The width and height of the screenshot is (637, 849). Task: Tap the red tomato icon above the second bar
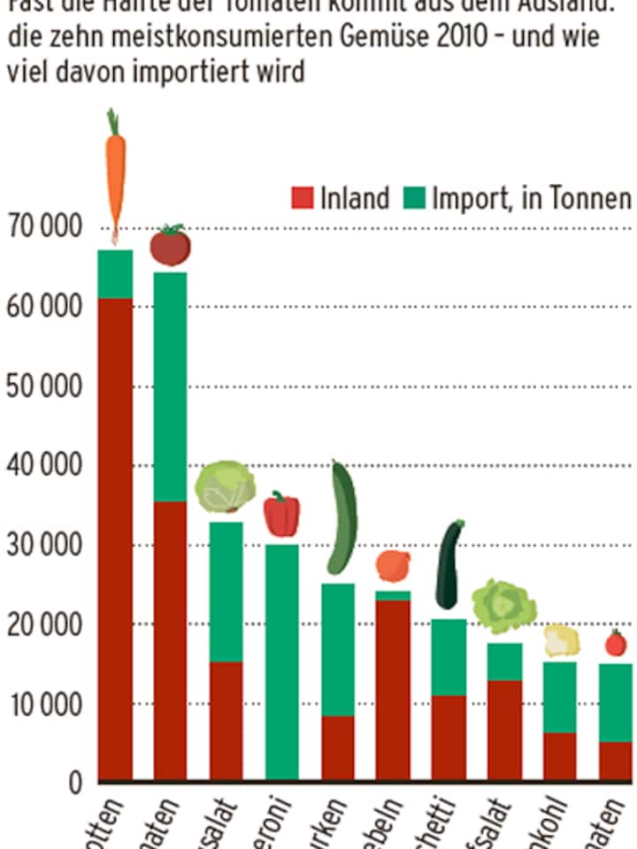point(170,246)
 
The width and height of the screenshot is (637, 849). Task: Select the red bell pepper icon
point(281,515)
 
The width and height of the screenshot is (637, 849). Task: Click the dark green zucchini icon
point(450,565)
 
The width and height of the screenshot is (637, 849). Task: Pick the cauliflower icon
point(561,640)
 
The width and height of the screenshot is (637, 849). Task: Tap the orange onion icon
point(393,566)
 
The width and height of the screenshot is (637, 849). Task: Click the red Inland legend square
point(303,198)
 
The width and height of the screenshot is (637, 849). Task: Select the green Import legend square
point(413,198)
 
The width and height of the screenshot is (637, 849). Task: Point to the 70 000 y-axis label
point(43,228)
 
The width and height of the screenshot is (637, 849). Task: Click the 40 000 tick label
point(43,466)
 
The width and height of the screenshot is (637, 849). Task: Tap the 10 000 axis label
point(43,705)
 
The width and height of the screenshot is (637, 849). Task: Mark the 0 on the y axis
point(74,784)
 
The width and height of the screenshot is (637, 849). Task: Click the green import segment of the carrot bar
point(115,274)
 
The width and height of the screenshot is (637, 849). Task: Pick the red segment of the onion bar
point(393,690)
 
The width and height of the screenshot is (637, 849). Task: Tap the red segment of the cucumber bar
point(338,747)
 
